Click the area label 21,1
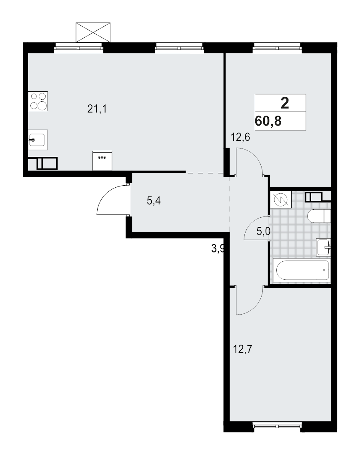97,108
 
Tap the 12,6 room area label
240,138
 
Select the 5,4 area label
154,201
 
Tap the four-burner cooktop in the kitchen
38,101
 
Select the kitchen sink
38,140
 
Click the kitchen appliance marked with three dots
102,160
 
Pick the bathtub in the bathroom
302,271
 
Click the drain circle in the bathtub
324,271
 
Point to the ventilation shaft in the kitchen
47,164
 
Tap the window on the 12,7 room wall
277,421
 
